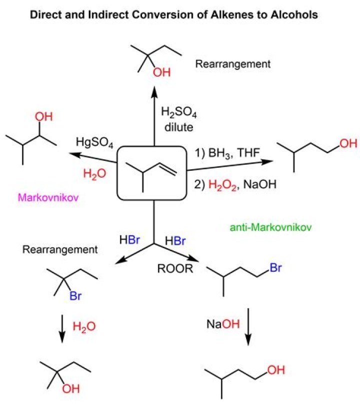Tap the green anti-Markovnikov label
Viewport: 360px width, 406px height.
click(x=270, y=227)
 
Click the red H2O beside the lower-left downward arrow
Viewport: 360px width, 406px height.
click(x=84, y=327)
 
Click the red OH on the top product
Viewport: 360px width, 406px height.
click(x=161, y=73)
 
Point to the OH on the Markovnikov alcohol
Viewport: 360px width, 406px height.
click(x=44, y=118)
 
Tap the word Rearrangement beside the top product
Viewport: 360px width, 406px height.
click(x=233, y=64)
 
